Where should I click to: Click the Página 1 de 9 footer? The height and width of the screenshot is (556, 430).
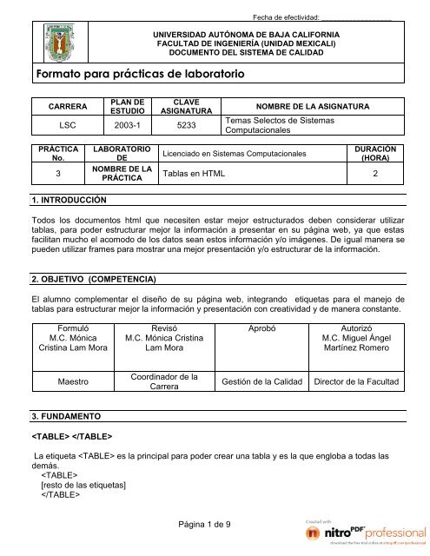coord(215,523)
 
